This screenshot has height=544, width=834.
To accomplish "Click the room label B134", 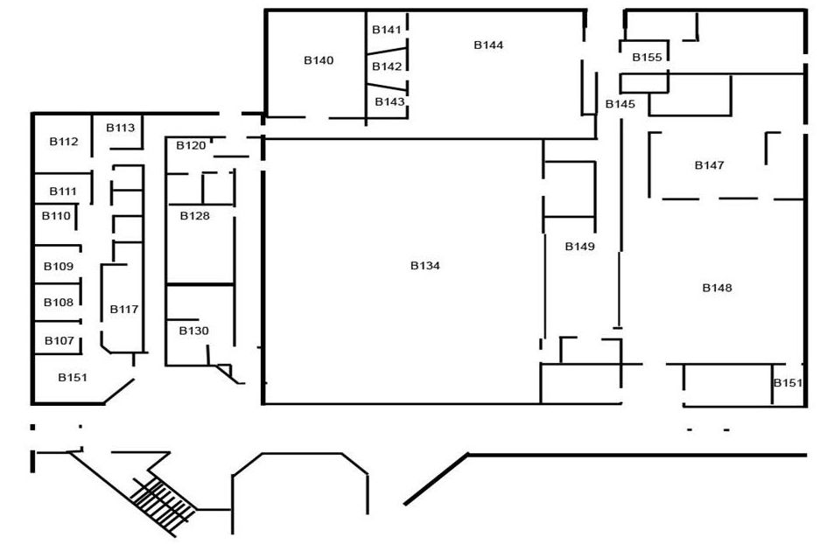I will (x=424, y=266).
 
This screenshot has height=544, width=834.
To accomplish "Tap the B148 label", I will (x=717, y=288).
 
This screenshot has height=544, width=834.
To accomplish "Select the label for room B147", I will (x=709, y=164).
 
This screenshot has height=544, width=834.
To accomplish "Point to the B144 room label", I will (x=488, y=45).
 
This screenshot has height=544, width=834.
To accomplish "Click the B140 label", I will (x=319, y=60).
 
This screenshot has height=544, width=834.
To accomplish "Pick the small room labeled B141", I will (x=387, y=30).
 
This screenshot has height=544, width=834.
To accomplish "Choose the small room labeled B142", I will (x=387, y=66).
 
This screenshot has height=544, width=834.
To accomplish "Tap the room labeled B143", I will (x=389, y=101).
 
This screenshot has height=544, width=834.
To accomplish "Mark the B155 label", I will (x=647, y=57).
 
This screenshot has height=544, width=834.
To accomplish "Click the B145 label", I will (x=620, y=104).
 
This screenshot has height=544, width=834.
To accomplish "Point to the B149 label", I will (x=579, y=247).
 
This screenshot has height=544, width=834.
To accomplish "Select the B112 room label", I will (x=64, y=141).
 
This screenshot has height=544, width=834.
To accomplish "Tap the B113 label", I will (x=121, y=128).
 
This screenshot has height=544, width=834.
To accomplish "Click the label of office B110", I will (x=56, y=215).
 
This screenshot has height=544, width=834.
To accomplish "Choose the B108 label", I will (x=59, y=303).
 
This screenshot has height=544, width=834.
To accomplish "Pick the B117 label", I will (x=124, y=309).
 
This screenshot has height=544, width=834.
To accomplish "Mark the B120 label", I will (x=191, y=145).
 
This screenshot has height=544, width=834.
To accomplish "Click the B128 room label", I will (x=195, y=215).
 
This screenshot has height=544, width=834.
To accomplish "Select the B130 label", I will (x=194, y=331).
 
